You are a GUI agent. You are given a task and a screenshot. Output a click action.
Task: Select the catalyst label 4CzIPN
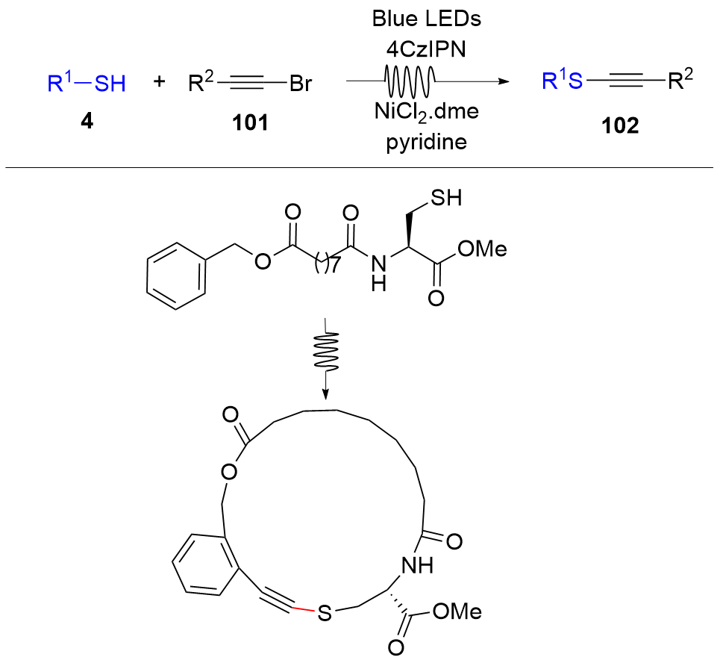tap(427, 49)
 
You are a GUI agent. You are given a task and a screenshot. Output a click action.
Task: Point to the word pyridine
tap(427, 141)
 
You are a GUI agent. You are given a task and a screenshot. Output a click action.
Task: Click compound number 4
tap(87, 122)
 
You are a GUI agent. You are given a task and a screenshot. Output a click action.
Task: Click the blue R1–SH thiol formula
tap(87, 84)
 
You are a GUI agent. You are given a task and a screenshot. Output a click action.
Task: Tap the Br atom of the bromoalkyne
tap(300, 84)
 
